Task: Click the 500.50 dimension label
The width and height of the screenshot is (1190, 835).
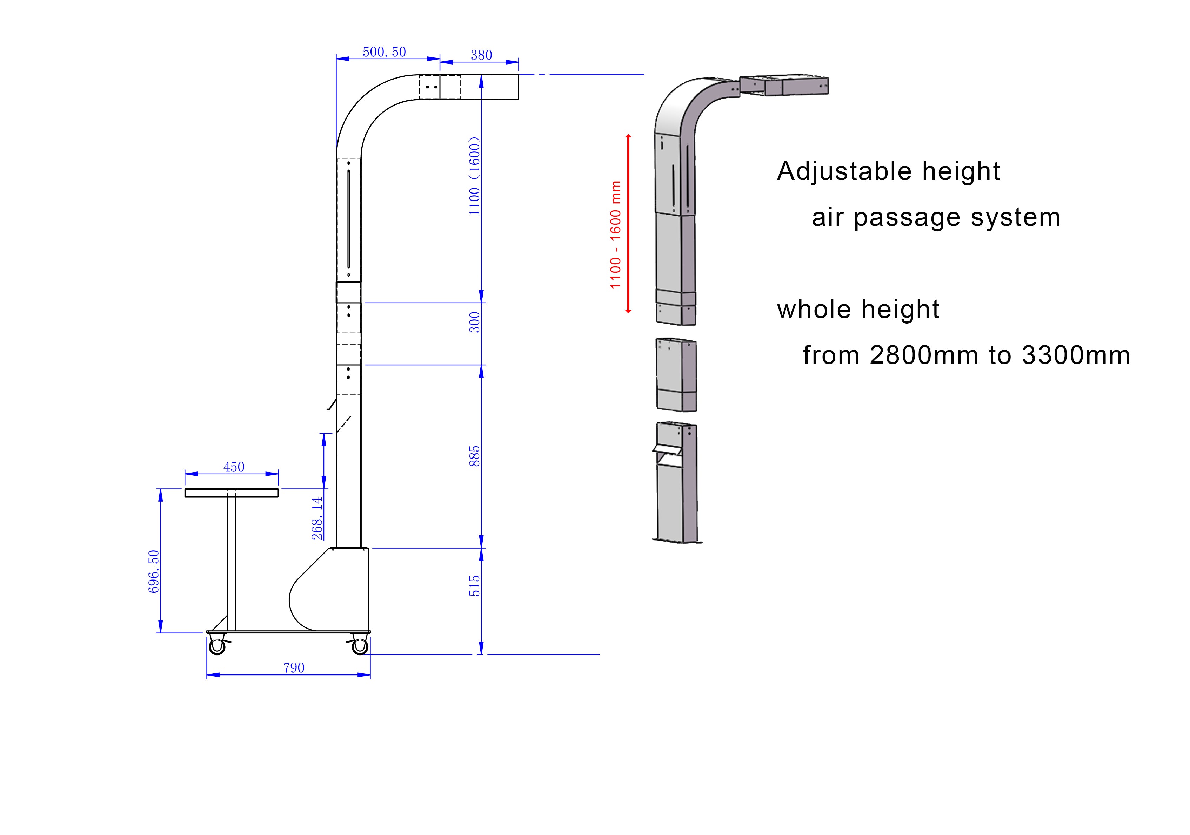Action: tap(384, 52)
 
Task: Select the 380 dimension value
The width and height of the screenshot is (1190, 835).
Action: tap(481, 55)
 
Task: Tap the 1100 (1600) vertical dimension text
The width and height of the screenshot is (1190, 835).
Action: tap(474, 176)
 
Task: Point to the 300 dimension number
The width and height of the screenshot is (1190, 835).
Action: tap(474, 322)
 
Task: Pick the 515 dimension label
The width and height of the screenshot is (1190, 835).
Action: tap(474, 586)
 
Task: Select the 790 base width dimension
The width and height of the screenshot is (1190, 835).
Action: tap(294, 668)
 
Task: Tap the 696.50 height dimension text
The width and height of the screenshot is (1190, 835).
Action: tap(154, 571)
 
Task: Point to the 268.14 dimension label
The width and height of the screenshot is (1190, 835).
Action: tap(317, 518)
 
